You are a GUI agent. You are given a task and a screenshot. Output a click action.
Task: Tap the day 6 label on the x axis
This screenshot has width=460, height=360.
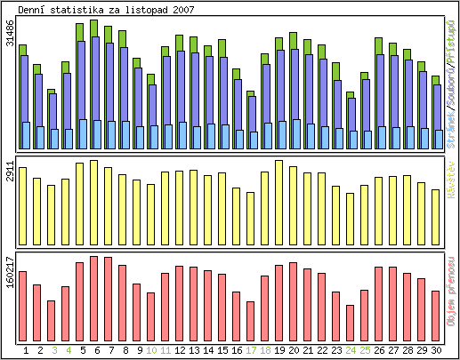(97, 351)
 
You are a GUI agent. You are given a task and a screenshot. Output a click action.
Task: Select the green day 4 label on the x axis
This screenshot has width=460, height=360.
(69, 351)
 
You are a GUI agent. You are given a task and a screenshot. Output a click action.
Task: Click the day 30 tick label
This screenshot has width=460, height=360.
(436, 351)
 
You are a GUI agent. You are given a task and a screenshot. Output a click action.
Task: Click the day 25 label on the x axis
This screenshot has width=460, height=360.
(365, 351)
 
